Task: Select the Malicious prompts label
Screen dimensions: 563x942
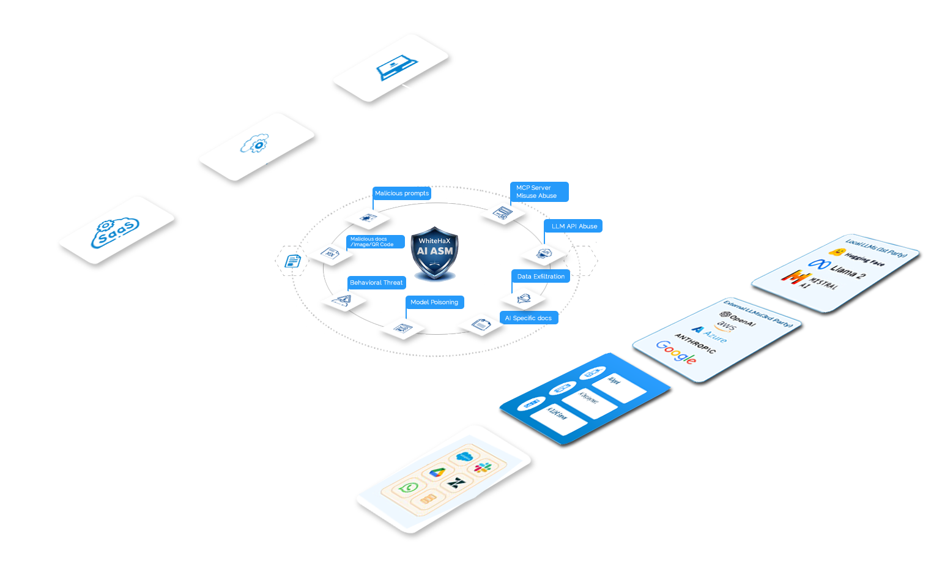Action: tap(402, 193)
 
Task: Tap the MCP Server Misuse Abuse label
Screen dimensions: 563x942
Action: tap(539, 192)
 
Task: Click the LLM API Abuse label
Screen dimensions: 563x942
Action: tap(574, 226)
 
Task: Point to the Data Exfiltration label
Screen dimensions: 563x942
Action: tap(541, 277)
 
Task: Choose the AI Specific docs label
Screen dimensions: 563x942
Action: tap(528, 318)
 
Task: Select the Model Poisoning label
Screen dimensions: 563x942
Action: tap(434, 302)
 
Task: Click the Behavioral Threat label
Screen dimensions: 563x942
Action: tap(376, 283)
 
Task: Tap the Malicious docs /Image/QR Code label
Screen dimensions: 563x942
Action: tap(375, 242)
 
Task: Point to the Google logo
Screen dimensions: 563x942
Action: tap(676, 352)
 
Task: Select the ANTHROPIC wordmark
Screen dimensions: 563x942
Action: tap(695, 343)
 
